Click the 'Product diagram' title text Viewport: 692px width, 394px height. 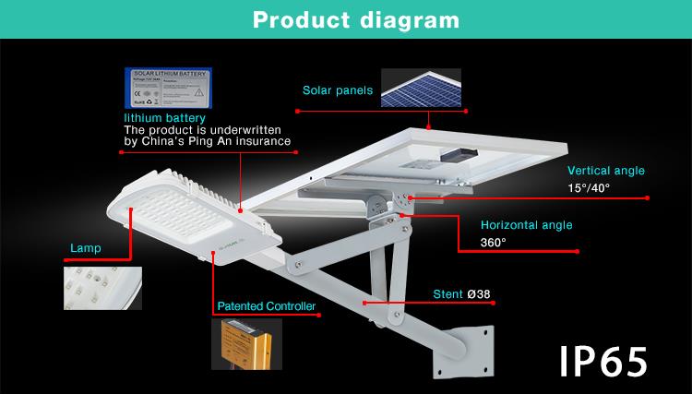[345, 18]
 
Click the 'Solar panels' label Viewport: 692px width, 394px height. [338, 91]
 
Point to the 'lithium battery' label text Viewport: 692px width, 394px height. [165, 119]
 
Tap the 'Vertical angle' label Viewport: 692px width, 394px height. [605, 171]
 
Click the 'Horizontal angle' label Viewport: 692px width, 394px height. [526, 225]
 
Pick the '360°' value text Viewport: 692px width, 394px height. [494, 243]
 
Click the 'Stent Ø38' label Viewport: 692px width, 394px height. [461, 295]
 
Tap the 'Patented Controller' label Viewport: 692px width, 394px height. [267, 306]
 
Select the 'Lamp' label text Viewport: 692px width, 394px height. [84, 249]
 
